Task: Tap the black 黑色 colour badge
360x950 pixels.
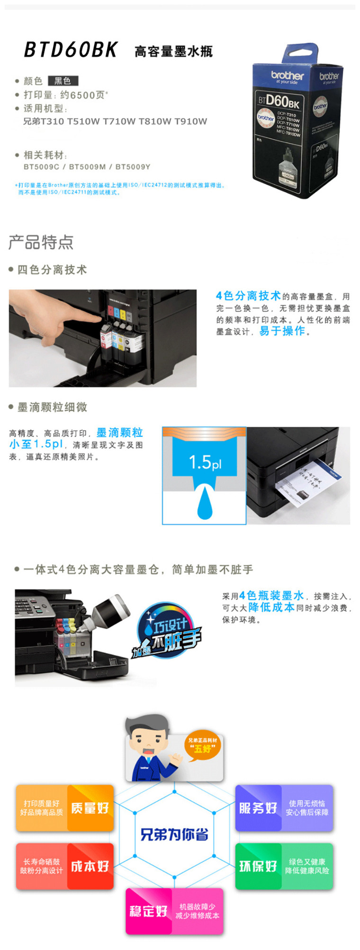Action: tap(63, 81)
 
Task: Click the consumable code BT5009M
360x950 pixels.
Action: tap(87, 167)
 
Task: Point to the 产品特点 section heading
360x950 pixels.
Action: tap(41, 242)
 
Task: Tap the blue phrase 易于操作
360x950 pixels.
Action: tap(282, 331)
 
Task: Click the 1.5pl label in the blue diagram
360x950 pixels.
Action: tap(205, 462)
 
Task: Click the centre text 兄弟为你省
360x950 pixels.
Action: tap(174, 834)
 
